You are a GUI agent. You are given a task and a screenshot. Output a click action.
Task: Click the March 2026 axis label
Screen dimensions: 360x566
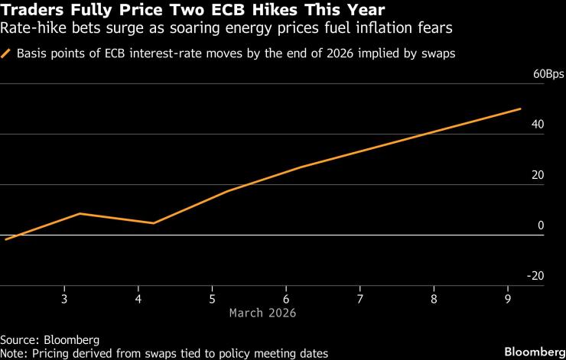262,313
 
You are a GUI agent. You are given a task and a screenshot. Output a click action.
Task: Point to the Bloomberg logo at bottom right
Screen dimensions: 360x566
532,352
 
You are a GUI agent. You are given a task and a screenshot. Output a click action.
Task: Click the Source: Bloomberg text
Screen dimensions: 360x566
50,339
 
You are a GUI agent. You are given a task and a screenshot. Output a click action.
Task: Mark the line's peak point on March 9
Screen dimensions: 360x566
521,109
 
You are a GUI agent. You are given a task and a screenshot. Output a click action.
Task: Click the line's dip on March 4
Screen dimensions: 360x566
154,223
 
